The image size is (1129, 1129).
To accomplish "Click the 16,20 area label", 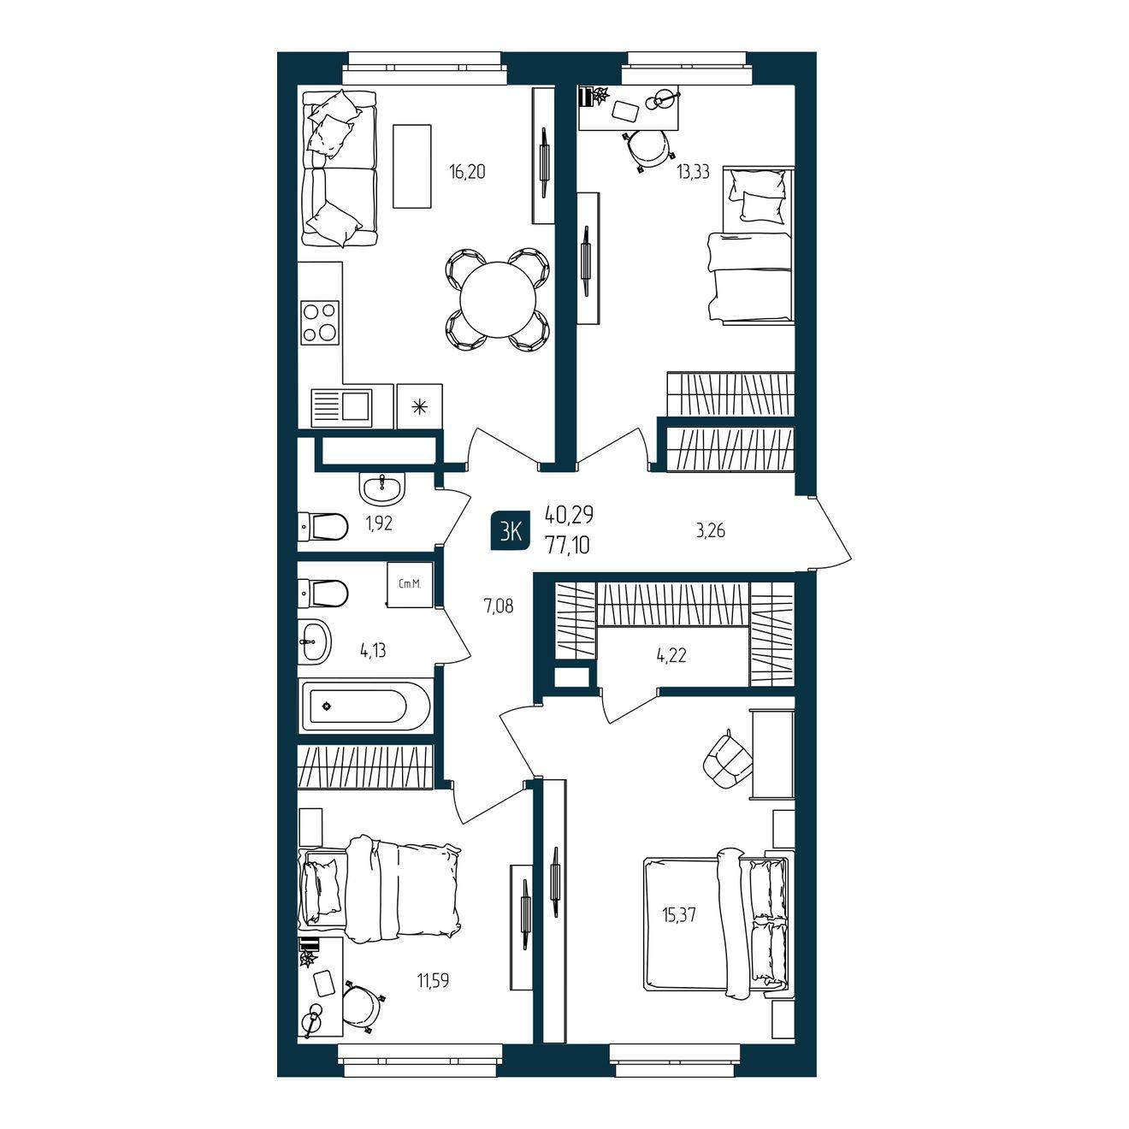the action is tap(467, 172).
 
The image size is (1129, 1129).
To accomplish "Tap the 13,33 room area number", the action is tap(693, 173).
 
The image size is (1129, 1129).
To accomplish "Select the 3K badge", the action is tap(511, 531).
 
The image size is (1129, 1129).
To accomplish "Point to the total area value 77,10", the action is tap(567, 547).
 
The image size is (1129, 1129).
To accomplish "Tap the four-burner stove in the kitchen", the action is tap(319, 322).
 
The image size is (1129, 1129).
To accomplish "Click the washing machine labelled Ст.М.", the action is tap(411, 584).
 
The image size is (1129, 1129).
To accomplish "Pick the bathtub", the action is tap(365, 706).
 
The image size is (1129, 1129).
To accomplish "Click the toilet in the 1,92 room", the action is tap(323, 527).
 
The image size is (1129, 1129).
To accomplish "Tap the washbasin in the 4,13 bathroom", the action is tap(315, 641).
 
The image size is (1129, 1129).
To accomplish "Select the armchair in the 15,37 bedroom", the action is tap(727, 760).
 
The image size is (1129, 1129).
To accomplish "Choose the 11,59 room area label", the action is tap(433, 980).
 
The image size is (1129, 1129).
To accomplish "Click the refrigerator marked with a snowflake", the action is tap(419, 406).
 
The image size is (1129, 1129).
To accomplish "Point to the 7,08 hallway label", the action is tap(498, 606).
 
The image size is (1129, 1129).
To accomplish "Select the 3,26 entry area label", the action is tap(712, 531).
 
